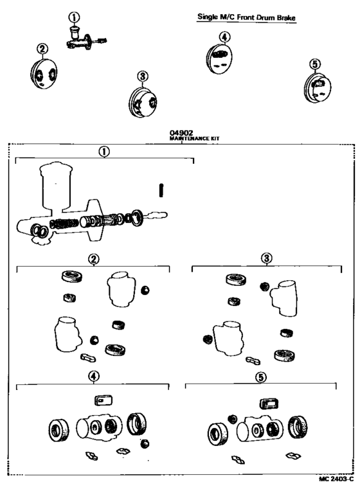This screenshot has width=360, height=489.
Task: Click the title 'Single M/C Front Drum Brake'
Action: click(x=247, y=18)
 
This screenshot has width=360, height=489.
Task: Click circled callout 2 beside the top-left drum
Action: click(x=41, y=48)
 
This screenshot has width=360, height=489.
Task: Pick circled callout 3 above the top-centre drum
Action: click(x=143, y=76)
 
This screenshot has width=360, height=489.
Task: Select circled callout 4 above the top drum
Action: click(x=223, y=37)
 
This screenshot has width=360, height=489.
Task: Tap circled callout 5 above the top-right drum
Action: click(x=314, y=64)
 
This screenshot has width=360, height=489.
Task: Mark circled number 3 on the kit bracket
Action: click(x=266, y=258)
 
